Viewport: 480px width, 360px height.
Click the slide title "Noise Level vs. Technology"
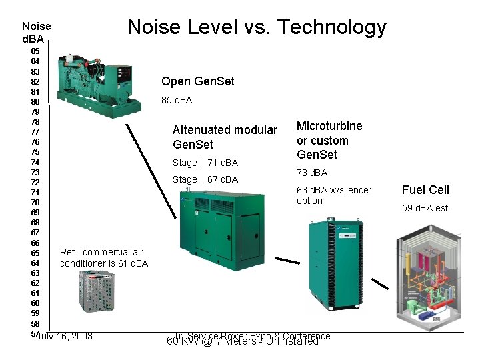click(x=257, y=27)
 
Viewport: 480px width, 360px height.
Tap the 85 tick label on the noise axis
click(x=35, y=51)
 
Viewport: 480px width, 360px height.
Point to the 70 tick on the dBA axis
click(x=35, y=202)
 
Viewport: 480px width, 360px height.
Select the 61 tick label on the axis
click(x=35, y=293)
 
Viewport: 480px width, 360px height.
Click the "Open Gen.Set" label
click(x=198, y=81)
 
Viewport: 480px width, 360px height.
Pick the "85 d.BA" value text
click(x=177, y=100)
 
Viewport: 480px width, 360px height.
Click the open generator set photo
click(x=99, y=81)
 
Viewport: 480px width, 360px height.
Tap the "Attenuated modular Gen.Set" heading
click(x=225, y=137)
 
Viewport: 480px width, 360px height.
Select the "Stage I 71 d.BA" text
click(x=205, y=163)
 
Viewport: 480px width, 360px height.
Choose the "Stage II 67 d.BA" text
click(x=205, y=179)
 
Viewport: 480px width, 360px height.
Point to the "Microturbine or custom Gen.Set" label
click(x=329, y=140)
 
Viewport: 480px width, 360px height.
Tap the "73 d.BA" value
click(x=312, y=173)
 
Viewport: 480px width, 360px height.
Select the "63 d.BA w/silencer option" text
click(x=333, y=195)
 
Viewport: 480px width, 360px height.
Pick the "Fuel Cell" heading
click(x=425, y=190)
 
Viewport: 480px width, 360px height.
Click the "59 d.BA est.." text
click(x=426, y=208)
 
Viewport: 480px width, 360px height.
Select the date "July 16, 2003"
click(x=64, y=335)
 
